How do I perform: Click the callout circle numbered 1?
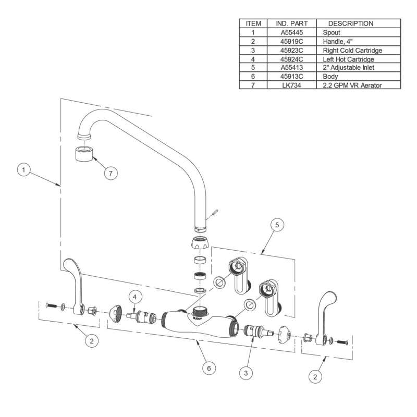pos(23,170)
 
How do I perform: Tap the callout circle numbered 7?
pos(111,174)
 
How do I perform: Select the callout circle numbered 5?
pos(277,225)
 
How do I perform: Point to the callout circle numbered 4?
pos(135,297)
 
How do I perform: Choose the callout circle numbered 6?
pos(209,369)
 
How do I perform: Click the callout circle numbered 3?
pos(246,373)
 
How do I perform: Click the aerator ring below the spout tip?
pos(84,154)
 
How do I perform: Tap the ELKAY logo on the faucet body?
pos(198,317)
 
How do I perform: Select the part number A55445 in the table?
pos(292,32)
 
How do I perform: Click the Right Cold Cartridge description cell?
pos(352,50)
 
